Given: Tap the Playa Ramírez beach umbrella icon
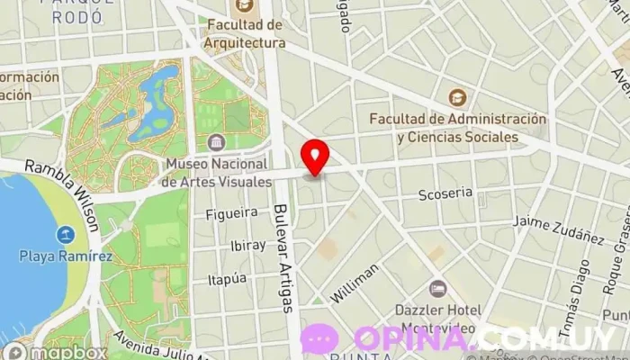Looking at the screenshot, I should (x=65, y=236).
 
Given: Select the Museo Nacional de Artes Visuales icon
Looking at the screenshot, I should (x=216, y=142).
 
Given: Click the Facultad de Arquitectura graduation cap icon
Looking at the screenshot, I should (x=243, y=4).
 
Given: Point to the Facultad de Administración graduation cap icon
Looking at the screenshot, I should (x=458, y=97).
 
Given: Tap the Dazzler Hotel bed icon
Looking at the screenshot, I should (x=437, y=289).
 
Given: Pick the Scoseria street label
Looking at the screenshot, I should (x=445, y=193).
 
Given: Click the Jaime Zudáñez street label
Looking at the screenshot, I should (x=558, y=229).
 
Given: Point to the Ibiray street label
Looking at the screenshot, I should (x=247, y=246).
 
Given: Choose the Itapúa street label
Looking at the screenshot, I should (x=227, y=279).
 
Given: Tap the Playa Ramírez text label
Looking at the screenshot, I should (x=67, y=256).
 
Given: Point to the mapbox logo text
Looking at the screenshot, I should (x=67, y=352).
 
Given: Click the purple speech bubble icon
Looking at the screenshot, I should (x=320, y=338).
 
